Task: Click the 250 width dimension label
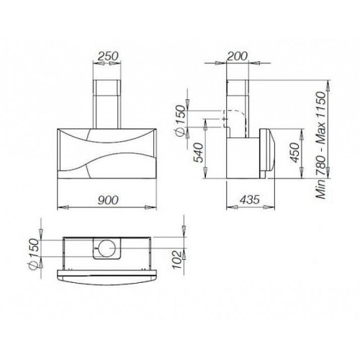tap(109, 56)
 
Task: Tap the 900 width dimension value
tap(108, 199)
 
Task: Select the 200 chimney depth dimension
tap(237, 56)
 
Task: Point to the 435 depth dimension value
tap(250, 199)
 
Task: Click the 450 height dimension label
tap(295, 153)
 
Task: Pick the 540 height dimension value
tap(199, 153)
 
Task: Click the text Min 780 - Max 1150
tap(321, 145)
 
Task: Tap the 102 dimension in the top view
tap(177, 261)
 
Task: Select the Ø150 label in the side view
tap(181, 121)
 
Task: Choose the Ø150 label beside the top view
tap(34, 254)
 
